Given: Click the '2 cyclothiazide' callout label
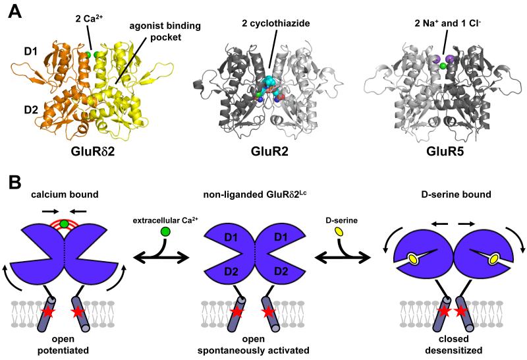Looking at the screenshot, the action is click(x=269, y=26).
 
